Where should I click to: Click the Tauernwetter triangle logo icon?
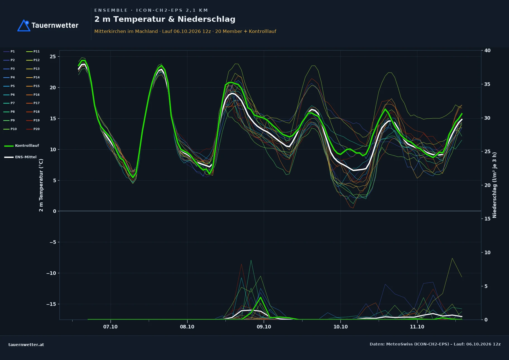click(x=24, y=25)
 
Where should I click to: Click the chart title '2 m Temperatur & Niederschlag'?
click(x=165, y=19)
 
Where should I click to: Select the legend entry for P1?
click(x=9, y=51)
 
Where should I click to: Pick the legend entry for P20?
click(x=33, y=129)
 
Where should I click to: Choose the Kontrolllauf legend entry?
click(x=21, y=146)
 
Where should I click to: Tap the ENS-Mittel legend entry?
click(x=20, y=157)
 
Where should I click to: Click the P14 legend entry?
click(x=33, y=77)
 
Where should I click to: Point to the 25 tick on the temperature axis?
click(x=53, y=57)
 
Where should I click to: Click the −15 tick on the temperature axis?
click(x=51, y=304)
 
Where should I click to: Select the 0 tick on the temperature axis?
click(x=54, y=211)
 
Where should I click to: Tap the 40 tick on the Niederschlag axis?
click(x=488, y=51)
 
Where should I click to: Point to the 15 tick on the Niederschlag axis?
click(x=488, y=219)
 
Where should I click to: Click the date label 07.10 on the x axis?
click(x=111, y=327)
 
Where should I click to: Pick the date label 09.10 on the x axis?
click(x=264, y=327)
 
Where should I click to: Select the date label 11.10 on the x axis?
click(x=417, y=327)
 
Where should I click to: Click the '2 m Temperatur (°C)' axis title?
click(x=41, y=185)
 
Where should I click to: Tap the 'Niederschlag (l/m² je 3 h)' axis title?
click(x=494, y=185)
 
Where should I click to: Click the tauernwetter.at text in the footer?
click(x=26, y=345)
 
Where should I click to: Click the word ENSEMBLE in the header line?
click(x=111, y=10)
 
